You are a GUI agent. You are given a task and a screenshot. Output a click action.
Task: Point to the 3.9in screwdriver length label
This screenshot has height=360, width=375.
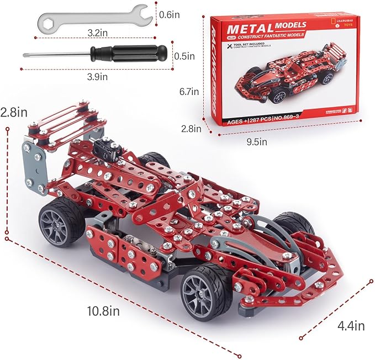coord(97,77)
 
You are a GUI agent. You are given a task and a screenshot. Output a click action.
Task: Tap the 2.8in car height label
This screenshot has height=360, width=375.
coord(13,113)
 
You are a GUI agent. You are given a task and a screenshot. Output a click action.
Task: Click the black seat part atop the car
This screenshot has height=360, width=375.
coord(107,149)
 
